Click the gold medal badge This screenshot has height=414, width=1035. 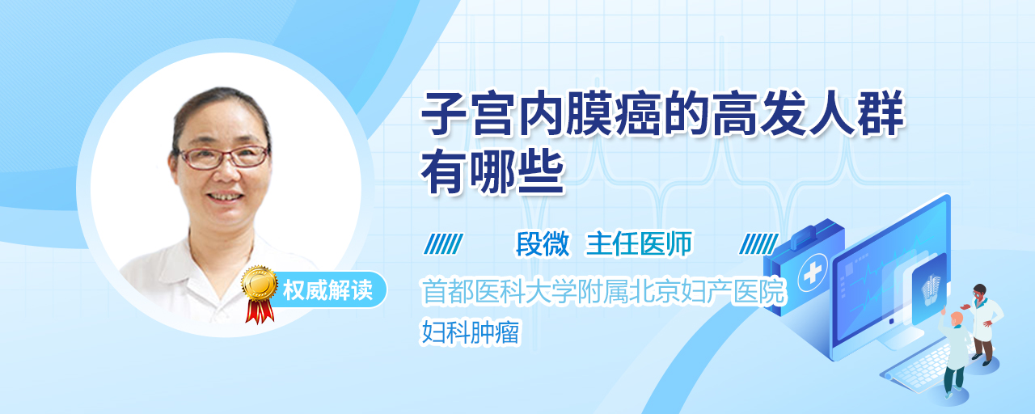coord(260,283)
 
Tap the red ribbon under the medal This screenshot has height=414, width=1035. coord(260,311)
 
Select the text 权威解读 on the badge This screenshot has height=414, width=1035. coord(327,290)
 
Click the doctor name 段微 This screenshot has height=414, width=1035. coord(543,243)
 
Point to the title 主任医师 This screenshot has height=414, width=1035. coord(639,243)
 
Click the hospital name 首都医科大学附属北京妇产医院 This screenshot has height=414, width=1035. coord(603,291)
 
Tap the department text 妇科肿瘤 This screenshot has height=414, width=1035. coord(471,332)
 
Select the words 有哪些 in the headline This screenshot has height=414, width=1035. coord(493,173)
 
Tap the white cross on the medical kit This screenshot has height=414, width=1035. coord(813,273)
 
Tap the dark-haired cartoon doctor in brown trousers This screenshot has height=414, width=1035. coord(982,324)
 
